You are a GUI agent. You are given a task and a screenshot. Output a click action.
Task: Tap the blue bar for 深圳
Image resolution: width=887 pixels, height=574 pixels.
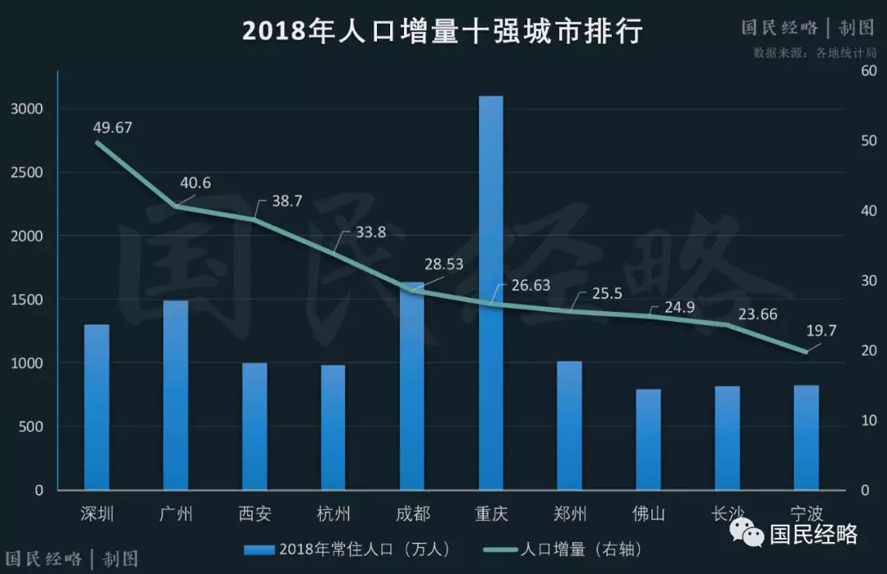[97, 407]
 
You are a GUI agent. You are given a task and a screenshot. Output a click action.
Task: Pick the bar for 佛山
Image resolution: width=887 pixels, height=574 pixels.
[648, 439]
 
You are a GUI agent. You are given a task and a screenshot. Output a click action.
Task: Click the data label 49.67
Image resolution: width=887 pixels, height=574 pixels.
[112, 127]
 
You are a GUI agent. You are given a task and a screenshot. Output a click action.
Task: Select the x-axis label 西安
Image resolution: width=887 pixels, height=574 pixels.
[255, 515]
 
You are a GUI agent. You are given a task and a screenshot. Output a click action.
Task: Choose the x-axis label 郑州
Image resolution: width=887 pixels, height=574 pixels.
[570, 515]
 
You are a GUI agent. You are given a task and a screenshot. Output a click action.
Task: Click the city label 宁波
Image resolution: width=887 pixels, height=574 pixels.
[806, 515]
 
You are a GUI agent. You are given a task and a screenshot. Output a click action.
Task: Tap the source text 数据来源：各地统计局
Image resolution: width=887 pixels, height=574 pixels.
[815, 53]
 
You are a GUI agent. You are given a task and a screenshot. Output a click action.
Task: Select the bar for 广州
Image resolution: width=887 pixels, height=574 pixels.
[176, 395]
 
